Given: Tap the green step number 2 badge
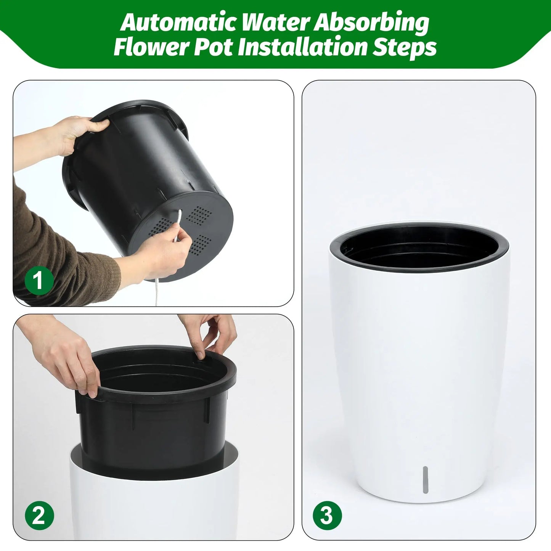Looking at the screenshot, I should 39,517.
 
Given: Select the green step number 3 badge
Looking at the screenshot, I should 327,516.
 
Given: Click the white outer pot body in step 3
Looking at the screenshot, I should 419,362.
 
